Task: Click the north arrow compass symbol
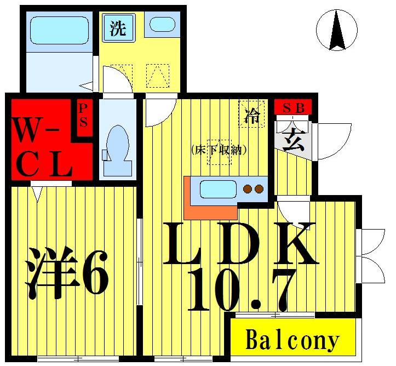(x=336, y=30)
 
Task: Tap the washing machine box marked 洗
(x=117, y=28)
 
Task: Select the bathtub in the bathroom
(x=59, y=30)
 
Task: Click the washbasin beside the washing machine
(x=163, y=25)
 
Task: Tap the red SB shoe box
(x=293, y=107)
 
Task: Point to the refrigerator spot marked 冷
(x=252, y=116)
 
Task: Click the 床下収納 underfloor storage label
(x=218, y=149)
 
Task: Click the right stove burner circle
(x=259, y=190)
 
